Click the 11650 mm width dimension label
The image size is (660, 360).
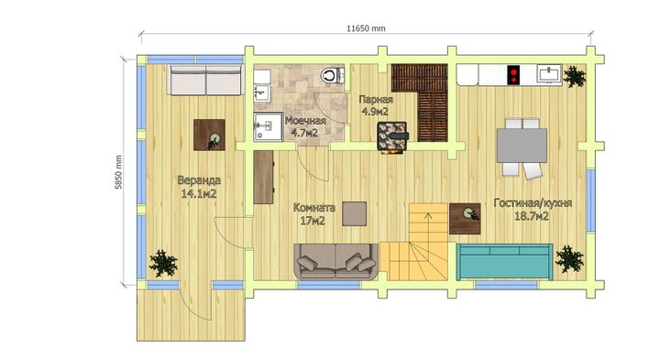pyautogui.click(x=366, y=28)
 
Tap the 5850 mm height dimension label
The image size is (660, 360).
pyautogui.click(x=119, y=172)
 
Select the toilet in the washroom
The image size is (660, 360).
pyautogui.click(x=332, y=76)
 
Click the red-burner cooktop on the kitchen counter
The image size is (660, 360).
pyautogui.click(x=513, y=75)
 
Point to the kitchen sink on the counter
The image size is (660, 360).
pyautogui.click(x=549, y=74)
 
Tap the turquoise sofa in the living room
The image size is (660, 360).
pyautogui.click(x=504, y=262)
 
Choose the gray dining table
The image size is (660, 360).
pyautogui.click(x=522, y=146)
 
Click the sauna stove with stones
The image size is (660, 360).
pyautogui.click(x=392, y=136)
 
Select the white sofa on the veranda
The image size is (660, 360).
pyautogui.click(x=206, y=80)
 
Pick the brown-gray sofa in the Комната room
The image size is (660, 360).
pyautogui.click(x=335, y=261)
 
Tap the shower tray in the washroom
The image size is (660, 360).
pyautogui.click(x=268, y=126)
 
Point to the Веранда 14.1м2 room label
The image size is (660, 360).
pyautogui.click(x=199, y=187)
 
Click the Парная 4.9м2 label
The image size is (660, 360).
pyautogui.click(x=376, y=105)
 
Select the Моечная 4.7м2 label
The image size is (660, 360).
pyautogui.click(x=305, y=126)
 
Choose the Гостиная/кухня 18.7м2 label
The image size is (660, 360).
pyautogui.click(x=533, y=210)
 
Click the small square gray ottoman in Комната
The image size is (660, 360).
pyautogui.click(x=355, y=213)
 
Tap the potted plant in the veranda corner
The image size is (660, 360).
pyautogui.click(x=164, y=263)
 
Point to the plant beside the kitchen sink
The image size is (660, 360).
pyautogui.click(x=574, y=76)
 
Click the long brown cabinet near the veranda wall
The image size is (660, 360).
pyautogui.click(x=264, y=177)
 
